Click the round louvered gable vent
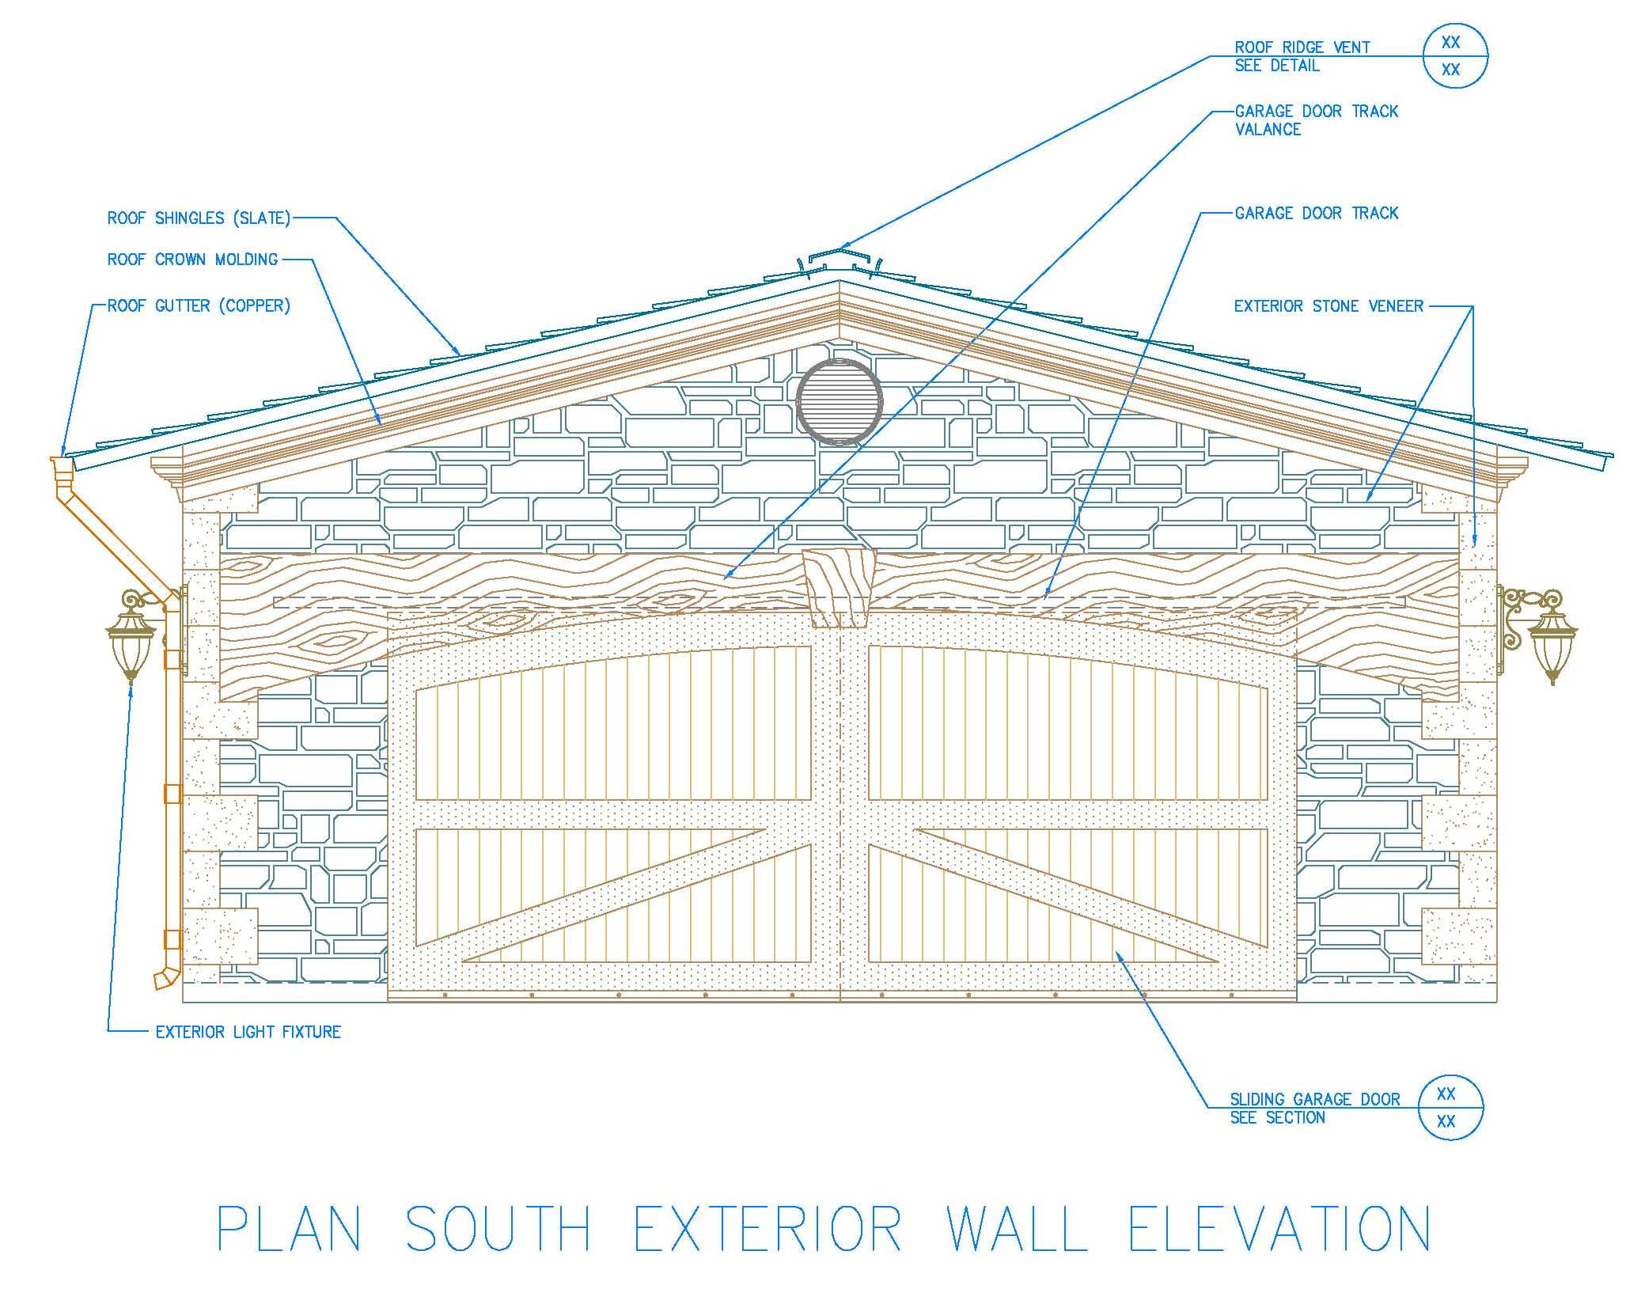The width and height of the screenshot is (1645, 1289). (839, 401)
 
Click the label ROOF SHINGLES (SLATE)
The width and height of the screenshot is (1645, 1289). (199, 218)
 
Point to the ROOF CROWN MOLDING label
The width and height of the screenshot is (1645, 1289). (192, 260)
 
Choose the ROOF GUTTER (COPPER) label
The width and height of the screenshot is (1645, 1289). (199, 306)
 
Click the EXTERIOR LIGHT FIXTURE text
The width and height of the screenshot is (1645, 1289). (248, 1032)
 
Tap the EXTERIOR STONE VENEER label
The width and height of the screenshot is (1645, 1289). (1329, 306)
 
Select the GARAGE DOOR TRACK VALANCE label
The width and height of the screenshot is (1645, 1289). (1316, 120)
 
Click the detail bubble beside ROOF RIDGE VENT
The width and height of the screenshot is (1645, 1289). (1454, 56)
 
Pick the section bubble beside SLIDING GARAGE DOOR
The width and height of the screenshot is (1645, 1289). (1450, 1108)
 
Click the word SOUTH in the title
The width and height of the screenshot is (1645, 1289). (498, 1230)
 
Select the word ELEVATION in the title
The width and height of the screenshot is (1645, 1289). (1279, 1230)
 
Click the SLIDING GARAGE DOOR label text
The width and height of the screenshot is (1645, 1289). (1314, 1100)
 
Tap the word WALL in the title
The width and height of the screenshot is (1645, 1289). (1017, 1230)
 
